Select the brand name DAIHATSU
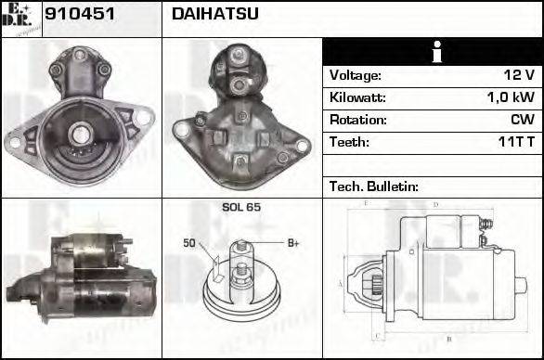click(x=215, y=15)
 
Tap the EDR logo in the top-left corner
click(x=20, y=19)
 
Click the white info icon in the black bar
click(x=434, y=53)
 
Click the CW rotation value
click(x=522, y=120)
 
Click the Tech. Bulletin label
click(x=373, y=186)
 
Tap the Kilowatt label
click(x=357, y=97)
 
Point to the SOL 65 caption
click(x=240, y=207)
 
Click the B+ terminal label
click(x=293, y=243)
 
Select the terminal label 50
click(x=188, y=243)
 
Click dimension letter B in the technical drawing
click(x=448, y=341)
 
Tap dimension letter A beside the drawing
click(x=340, y=283)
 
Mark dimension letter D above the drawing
click(x=434, y=205)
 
